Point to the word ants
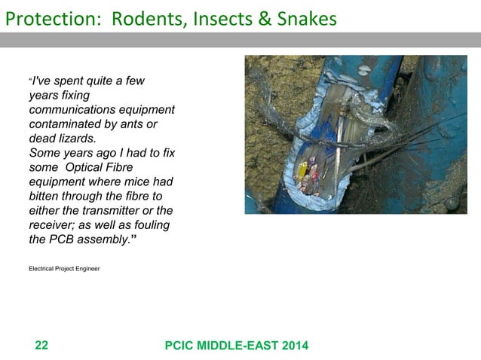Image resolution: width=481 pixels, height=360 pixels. click(x=131, y=124)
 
